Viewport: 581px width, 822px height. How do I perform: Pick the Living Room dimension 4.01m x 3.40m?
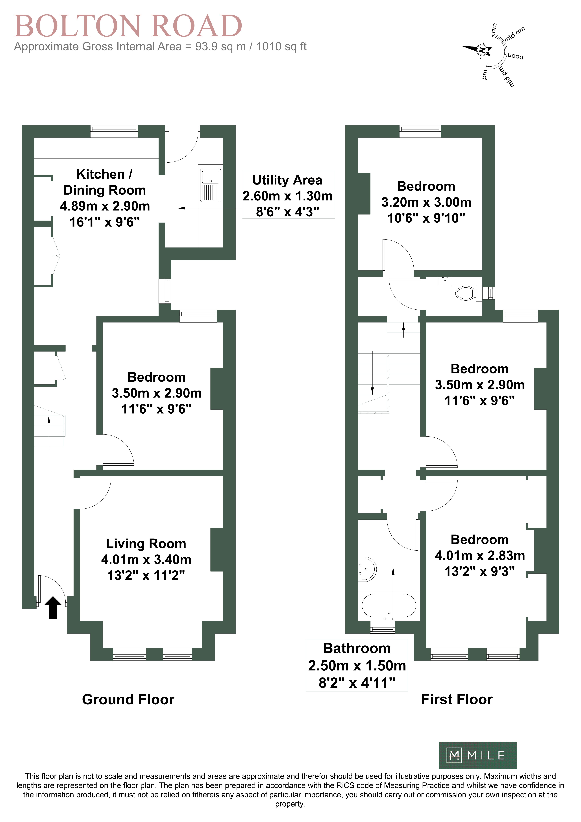(x=146, y=560)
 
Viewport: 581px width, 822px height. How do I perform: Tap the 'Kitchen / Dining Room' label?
(x=105, y=182)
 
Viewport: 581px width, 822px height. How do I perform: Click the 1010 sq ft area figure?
(x=281, y=46)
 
